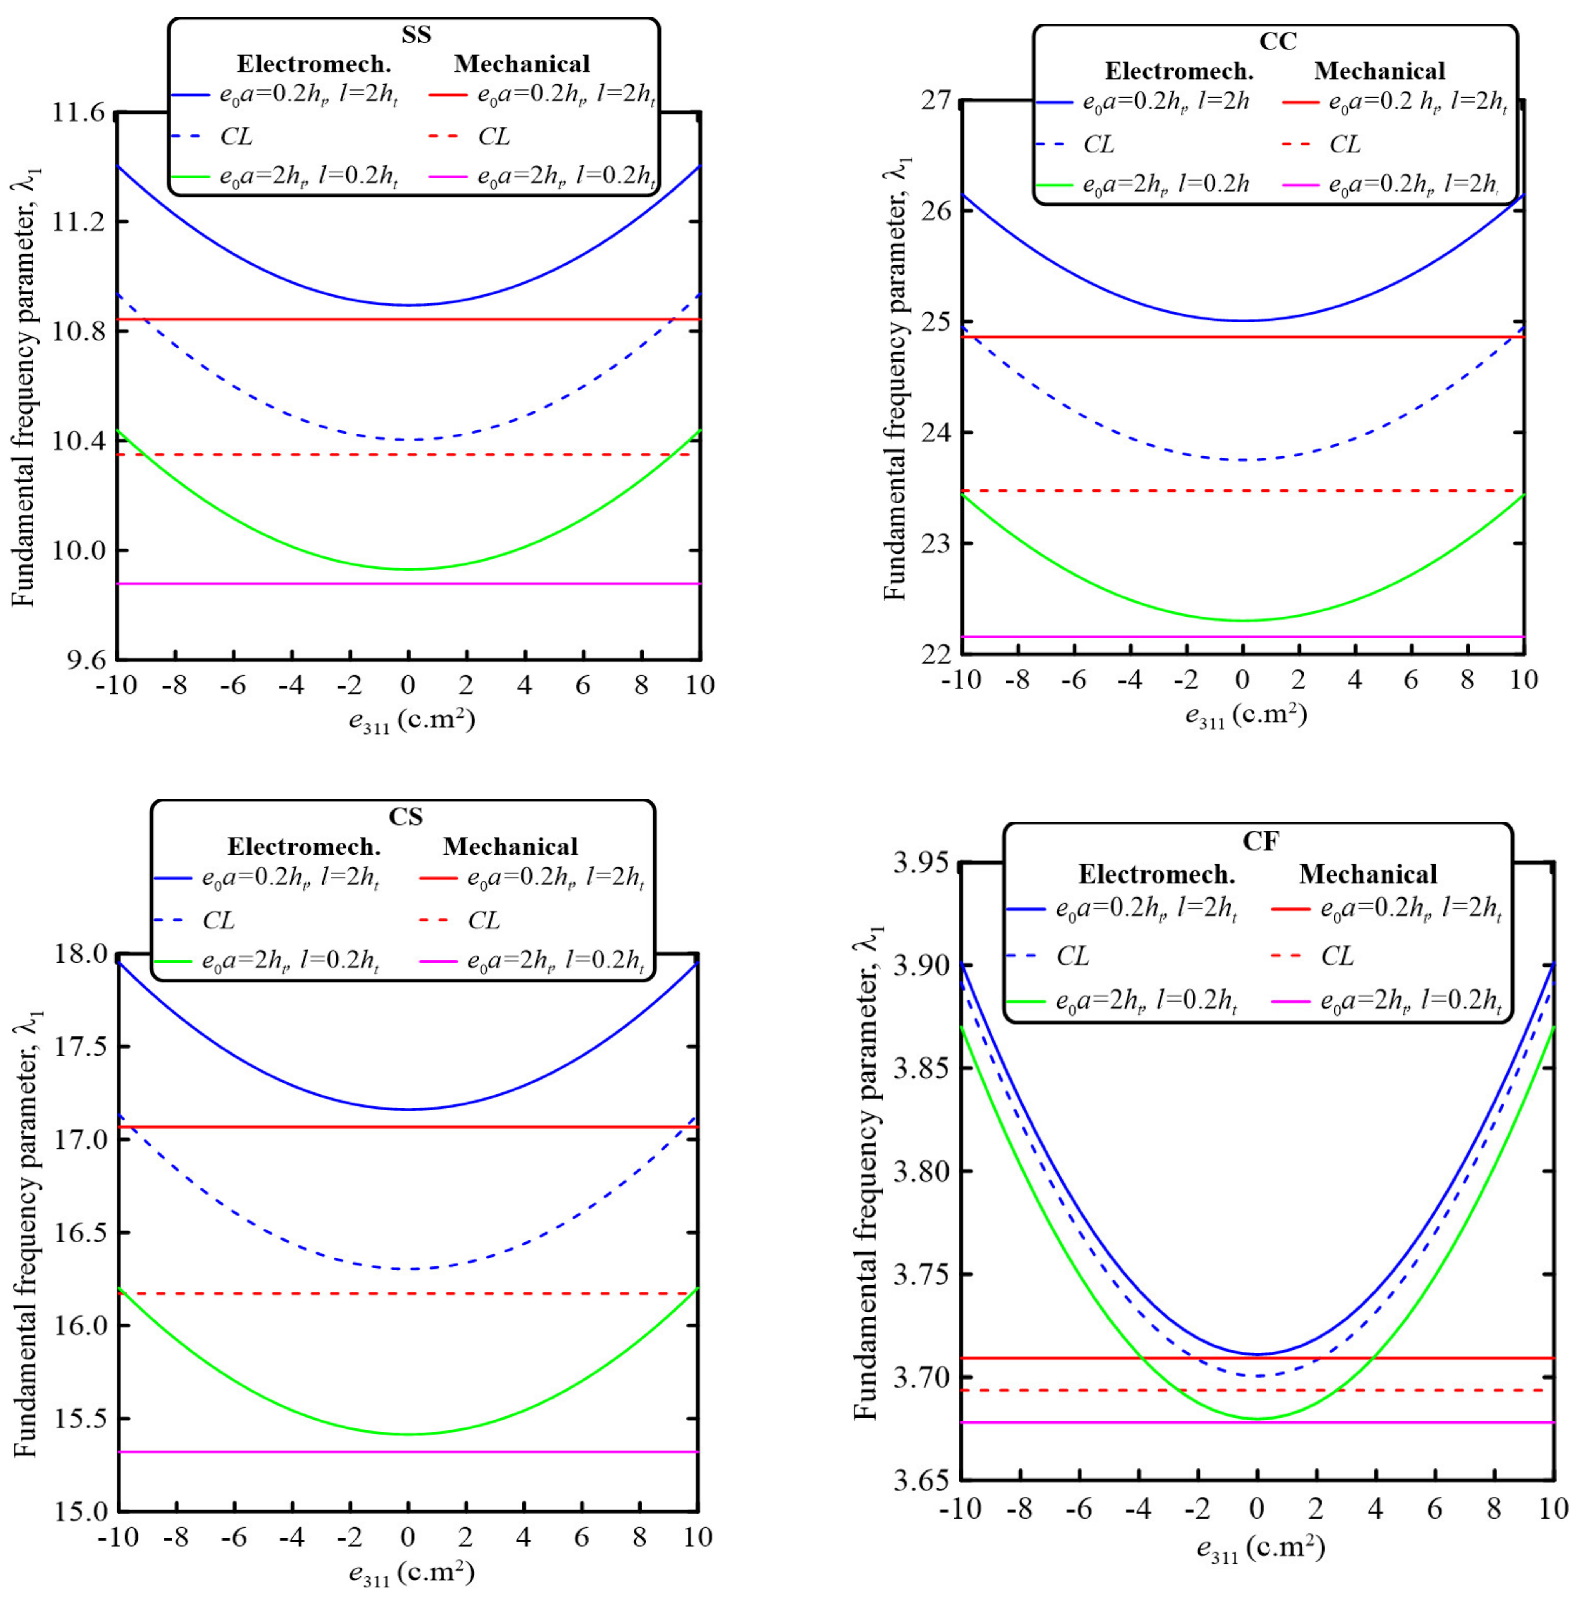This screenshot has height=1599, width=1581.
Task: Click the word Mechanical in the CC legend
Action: [1379, 71]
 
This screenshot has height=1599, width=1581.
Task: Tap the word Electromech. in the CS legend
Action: [304, 847]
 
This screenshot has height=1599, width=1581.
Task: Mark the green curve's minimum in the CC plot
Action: [1242, 621]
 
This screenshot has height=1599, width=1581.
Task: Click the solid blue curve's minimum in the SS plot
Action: [408, 305]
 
